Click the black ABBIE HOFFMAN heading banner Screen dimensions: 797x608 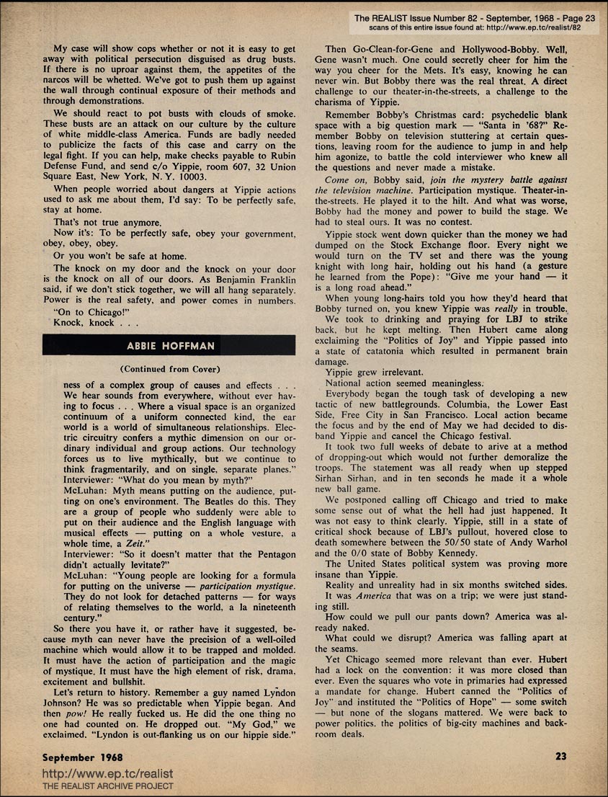click(x=169, y=346)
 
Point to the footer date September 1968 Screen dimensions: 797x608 click(x=82, y=757)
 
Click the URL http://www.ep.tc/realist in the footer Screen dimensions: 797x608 click(x=108, y=774)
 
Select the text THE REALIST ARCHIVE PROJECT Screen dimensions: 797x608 click(x=108, y=786)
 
